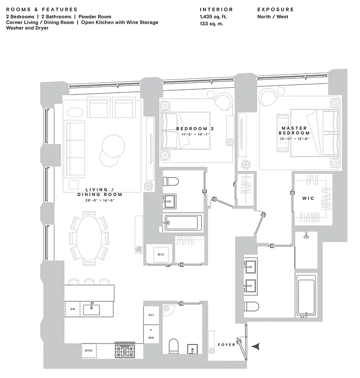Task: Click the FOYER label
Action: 226,344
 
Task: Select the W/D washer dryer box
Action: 160,255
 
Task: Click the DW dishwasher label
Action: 72,309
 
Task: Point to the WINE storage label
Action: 88,351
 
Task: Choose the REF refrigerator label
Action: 151,314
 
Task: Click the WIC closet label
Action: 308,198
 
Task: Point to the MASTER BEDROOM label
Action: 294,130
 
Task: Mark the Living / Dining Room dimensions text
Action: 100,200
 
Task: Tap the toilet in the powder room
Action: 173,346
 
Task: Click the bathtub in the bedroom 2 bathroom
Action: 183,222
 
